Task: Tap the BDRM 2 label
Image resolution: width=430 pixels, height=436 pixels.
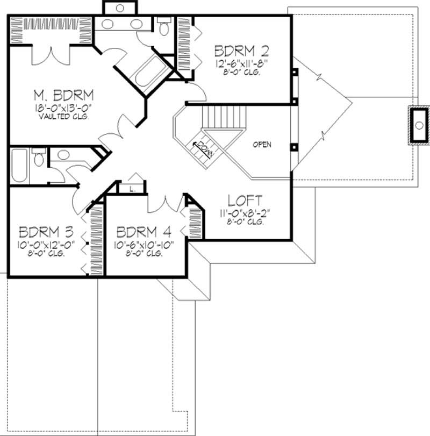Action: pos(241,51)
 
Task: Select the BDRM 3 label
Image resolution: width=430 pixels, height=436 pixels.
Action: pos(46,233)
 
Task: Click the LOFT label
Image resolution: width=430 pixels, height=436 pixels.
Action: pos(245,201)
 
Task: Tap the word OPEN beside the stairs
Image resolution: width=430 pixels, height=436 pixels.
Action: pos(262,144)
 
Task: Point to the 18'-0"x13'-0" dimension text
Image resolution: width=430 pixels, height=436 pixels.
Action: pos(63,108)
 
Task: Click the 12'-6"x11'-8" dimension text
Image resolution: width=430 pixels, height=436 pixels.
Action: pos(241,63)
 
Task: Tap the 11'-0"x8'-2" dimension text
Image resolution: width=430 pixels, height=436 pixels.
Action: pos(245,212)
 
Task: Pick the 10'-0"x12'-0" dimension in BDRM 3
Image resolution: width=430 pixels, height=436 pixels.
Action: pos(46,245)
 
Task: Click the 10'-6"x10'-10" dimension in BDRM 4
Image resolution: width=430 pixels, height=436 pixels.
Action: pos(144,245)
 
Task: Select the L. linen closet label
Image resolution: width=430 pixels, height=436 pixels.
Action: pos(132,188)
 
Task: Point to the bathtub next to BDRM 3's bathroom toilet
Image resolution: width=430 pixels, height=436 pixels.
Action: pos(19,166)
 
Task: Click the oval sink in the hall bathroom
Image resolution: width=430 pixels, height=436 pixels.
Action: pos(64,155)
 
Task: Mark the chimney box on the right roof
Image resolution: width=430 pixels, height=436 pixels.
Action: pos(419,125)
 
